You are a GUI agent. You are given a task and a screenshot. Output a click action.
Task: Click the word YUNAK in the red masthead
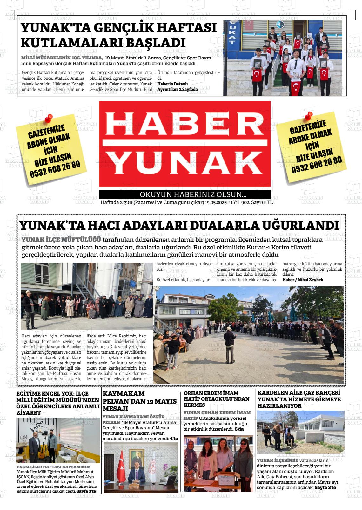pos(184,163)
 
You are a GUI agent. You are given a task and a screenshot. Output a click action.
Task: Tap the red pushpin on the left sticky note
pos(49,118)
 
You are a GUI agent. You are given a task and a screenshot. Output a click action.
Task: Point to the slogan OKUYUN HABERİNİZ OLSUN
pos(193,194)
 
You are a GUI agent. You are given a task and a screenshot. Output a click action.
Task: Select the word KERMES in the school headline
pos(194,405)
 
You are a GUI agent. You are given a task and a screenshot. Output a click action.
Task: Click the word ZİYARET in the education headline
pos(29,412)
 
